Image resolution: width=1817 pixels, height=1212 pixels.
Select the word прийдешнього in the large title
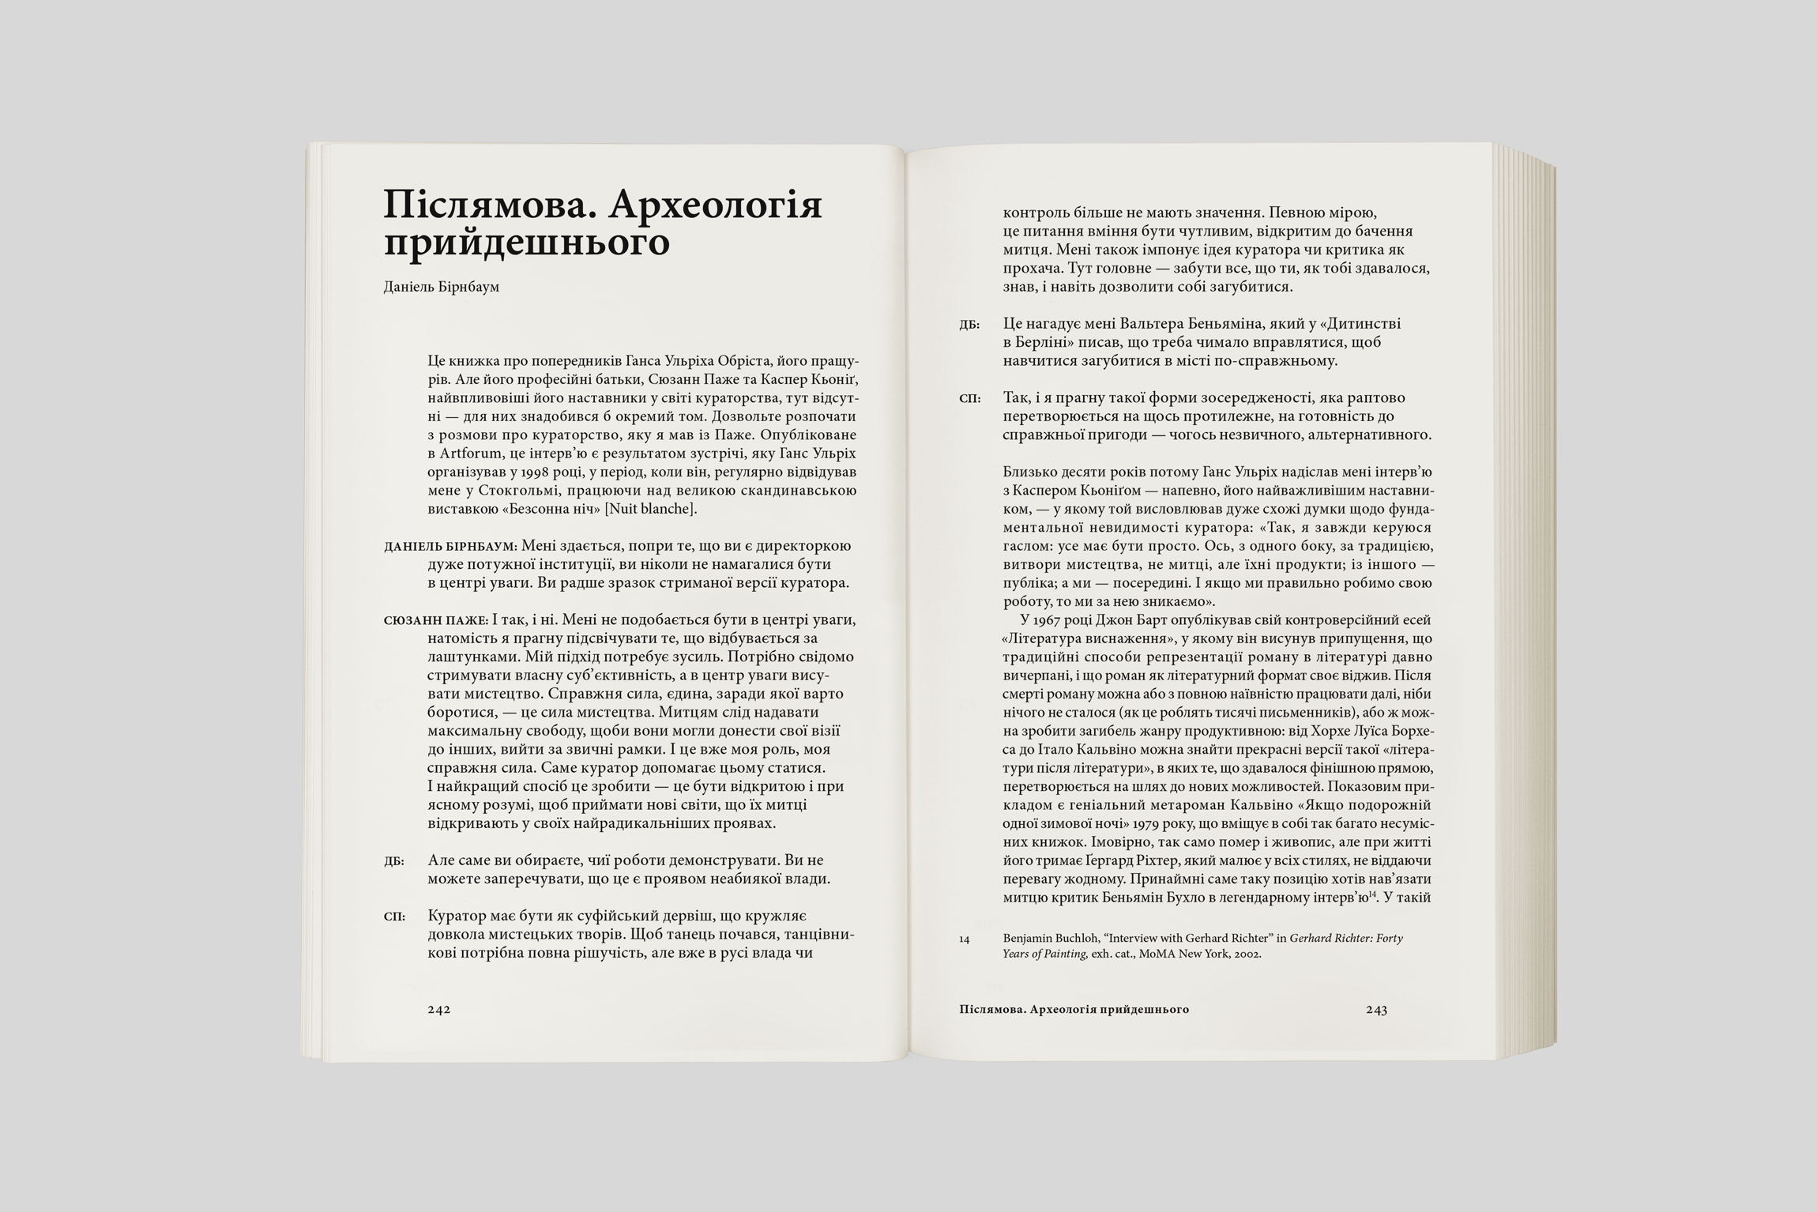coord(526,243)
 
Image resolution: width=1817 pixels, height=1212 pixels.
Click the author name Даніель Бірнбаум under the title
coord(442,287)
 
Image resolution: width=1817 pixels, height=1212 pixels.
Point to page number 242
coord(438,1010)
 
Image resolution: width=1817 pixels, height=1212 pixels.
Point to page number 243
coord(1376,1010)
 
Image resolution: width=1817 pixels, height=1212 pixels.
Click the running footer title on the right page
coord(1074,1010)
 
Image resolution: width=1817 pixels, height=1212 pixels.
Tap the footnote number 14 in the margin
coord(965,939)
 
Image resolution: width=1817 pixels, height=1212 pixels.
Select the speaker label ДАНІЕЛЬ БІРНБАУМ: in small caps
coord(450,547)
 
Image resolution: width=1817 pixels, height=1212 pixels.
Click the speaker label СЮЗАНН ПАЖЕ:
coord(435,621)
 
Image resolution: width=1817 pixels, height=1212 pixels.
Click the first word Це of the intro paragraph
coord(436,360)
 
